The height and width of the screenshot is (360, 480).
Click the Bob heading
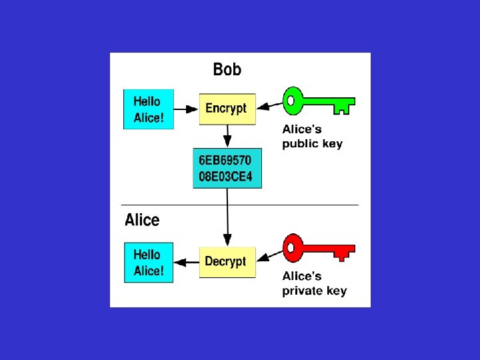227,69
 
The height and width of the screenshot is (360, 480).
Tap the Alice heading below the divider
142,220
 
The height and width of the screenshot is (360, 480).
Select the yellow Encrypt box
227,109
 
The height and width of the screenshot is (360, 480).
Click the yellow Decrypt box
227,262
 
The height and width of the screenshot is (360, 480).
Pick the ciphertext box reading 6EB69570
227,169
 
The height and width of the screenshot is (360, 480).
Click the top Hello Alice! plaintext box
149,109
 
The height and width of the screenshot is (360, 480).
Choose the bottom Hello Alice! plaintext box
149,262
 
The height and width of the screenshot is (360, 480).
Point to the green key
319,103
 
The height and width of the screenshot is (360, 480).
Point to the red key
319,249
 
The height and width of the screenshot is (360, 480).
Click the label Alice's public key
312,137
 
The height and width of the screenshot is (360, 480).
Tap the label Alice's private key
314,283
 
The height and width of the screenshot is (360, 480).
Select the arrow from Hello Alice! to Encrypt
187,109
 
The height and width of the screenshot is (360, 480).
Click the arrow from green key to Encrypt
269,105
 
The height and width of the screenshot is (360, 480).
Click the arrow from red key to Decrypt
269,257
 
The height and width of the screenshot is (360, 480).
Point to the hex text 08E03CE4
227,178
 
